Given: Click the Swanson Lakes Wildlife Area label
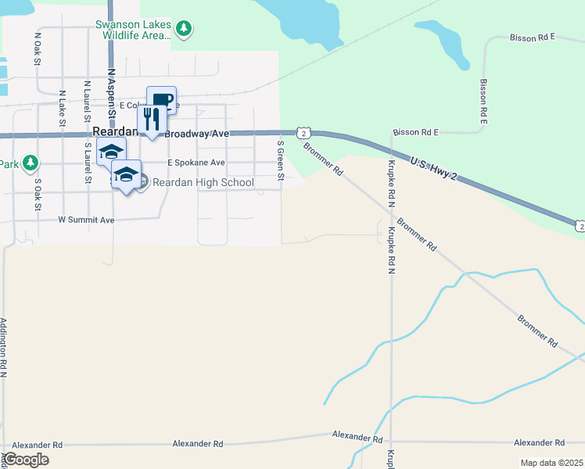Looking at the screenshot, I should tap(132, 30).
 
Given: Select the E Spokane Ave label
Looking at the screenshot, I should tap(196, 163).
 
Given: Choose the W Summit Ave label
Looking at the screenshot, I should tap(86, 220).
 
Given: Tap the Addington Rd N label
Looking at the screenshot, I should tap(4, 348).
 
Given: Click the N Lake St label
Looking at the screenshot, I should tap(62, 108).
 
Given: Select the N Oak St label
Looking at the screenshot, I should tap(37, 48).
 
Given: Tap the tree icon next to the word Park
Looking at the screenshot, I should tap(31, 163).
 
